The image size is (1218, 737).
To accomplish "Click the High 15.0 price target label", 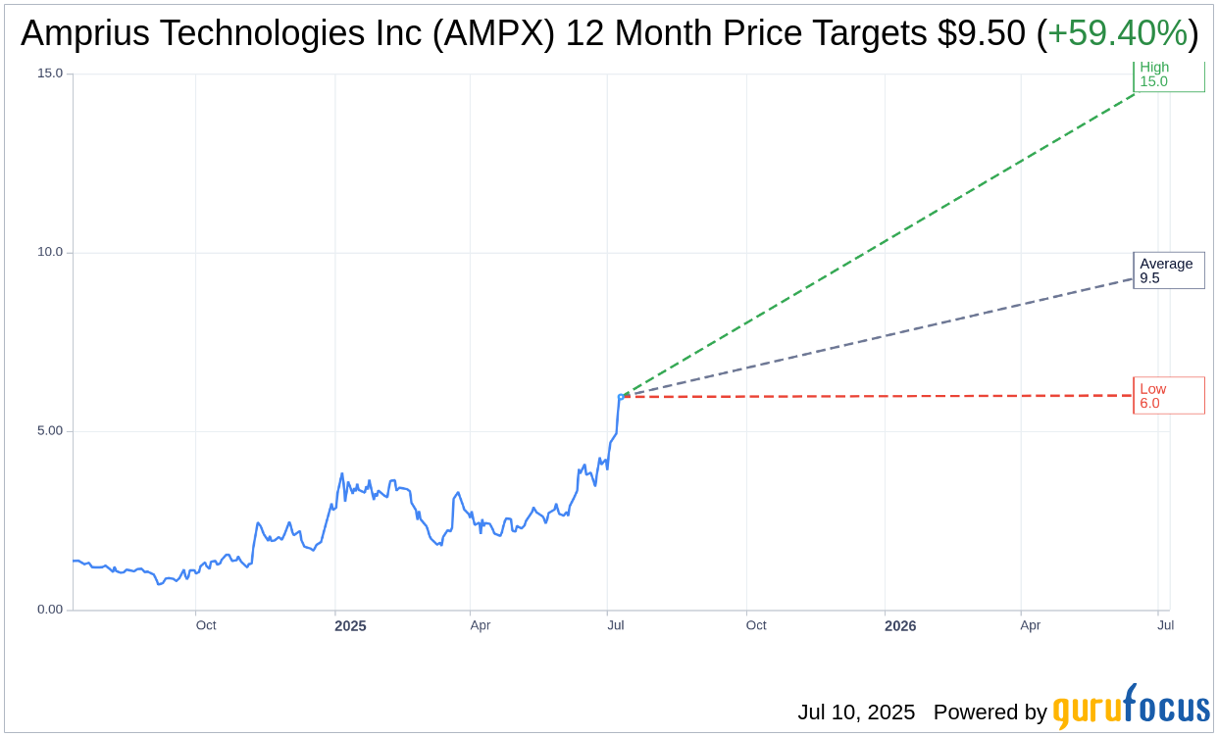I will [x=1168, y=75].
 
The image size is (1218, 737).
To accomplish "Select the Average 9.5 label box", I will [x=1168, y=270].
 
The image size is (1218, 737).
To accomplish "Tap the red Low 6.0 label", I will [x=1168, y=396].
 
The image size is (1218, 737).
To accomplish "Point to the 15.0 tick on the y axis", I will [x=49, y=74].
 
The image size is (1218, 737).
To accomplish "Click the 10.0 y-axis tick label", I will [x=49, y=252].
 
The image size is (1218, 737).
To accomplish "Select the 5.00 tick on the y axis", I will [x=49, y=431].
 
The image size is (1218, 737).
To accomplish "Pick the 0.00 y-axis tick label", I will [x=49, y=610].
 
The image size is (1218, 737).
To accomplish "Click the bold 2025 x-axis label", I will [x=350, y=626].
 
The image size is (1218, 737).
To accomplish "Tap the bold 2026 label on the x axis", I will [x=900, y=626].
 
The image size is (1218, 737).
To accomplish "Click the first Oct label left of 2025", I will [x=206, y=625].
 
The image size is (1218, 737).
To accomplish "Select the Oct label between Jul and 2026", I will [x=756, y=625].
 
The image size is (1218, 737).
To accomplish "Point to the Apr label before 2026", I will [x=480, y=625].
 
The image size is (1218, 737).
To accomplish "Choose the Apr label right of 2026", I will [x=1030, y=625].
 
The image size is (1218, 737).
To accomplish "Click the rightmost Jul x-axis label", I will [x=1165, y=625].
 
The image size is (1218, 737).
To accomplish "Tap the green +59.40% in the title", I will [x=1117, y=33].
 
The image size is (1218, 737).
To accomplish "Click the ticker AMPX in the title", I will [x=501, y=33].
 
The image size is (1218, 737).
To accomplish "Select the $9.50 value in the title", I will [x=982, y=33].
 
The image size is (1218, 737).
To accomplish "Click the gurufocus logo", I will [x=1131, y=709].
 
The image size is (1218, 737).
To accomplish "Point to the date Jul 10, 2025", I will [x=856, y=712].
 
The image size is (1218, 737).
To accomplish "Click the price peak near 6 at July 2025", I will [x=620, y=396].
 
